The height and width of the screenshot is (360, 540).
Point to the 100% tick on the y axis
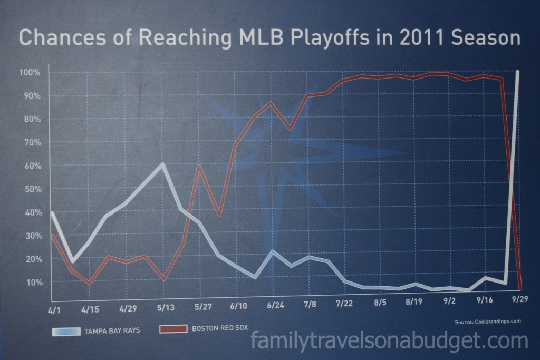(30, 73)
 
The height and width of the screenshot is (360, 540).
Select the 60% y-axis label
(32, 166)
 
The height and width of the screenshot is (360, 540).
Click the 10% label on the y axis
(34, 282)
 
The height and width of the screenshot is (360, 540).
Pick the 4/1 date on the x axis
(54, 310)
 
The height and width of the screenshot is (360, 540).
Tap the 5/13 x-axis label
(166, 307)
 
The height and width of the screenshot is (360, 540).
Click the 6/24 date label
(275, 305)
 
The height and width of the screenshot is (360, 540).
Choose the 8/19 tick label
(414, 302)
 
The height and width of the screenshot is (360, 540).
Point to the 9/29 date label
(519, 299)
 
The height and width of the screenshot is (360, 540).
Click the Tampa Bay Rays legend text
(112, 330)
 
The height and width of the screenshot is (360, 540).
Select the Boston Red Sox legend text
(220, 328)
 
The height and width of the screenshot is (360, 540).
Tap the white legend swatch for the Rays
(66, 332)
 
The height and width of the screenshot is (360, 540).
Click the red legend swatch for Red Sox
(173, 329)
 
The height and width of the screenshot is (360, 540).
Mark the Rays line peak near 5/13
(162, 164)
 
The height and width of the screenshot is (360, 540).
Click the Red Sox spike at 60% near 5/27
(199, 166)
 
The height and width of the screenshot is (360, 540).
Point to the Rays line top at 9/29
(517, 72)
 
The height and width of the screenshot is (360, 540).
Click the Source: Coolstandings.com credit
(488, 322)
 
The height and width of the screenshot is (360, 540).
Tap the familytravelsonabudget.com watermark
(389, 341)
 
